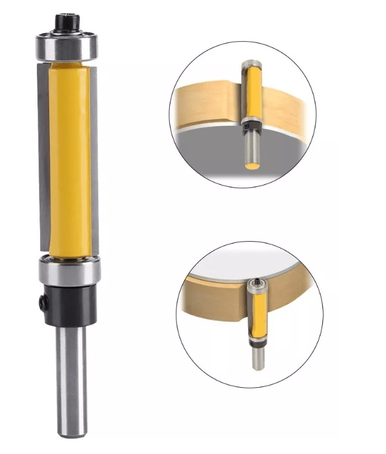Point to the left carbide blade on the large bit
coord(44,156)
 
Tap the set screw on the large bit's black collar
coord(42,302)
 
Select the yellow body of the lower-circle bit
coord(257,315)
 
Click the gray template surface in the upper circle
coord(206,147)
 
